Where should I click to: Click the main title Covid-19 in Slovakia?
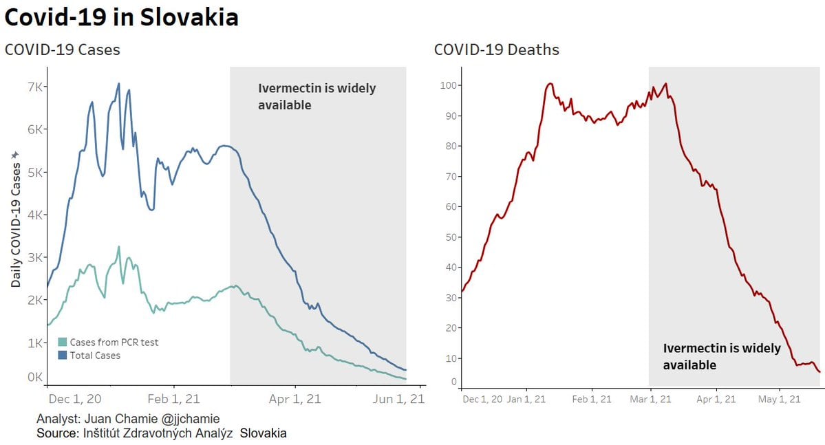pos(122,17)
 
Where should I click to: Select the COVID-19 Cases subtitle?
pos(62,50)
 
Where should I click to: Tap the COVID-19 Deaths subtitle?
pos(496,50)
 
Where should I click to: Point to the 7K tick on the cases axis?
pos(36,87)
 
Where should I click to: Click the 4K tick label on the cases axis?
pos(36,215)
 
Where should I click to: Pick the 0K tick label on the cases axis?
pos(36,377)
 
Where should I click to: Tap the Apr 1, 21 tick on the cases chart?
pos(294,399)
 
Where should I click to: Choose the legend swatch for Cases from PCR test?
pos(63,342)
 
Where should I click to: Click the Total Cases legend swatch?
pos(63,356)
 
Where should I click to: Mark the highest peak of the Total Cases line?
pos(118,84)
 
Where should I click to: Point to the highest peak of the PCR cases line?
pos(118,247)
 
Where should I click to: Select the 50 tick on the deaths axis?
pos(451,237)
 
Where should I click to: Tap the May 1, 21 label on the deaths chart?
pos(779,399)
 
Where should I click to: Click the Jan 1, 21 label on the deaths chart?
pos(526,399)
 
